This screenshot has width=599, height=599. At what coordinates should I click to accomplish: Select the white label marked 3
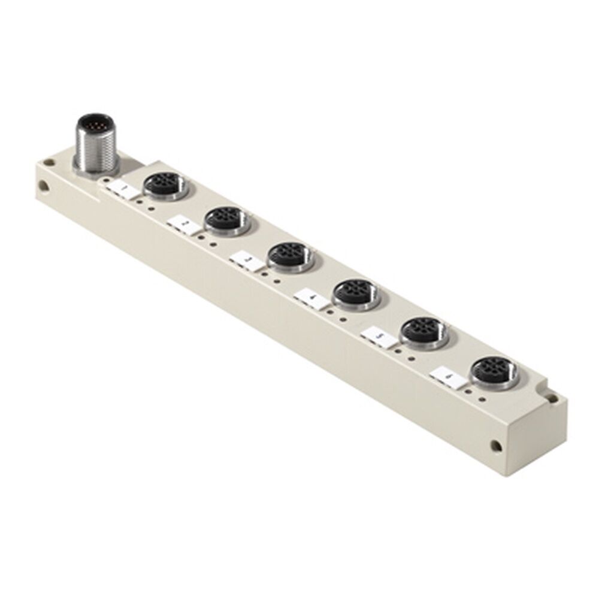click(x=246, y=261)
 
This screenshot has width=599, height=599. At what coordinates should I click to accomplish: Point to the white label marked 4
click(x=311, y=298)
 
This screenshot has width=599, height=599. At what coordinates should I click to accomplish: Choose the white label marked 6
click(x=449, y=377)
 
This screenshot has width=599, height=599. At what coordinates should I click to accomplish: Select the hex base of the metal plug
click(x=95, y=167)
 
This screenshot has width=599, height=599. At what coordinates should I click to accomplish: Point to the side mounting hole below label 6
click(x=495, y=446)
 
